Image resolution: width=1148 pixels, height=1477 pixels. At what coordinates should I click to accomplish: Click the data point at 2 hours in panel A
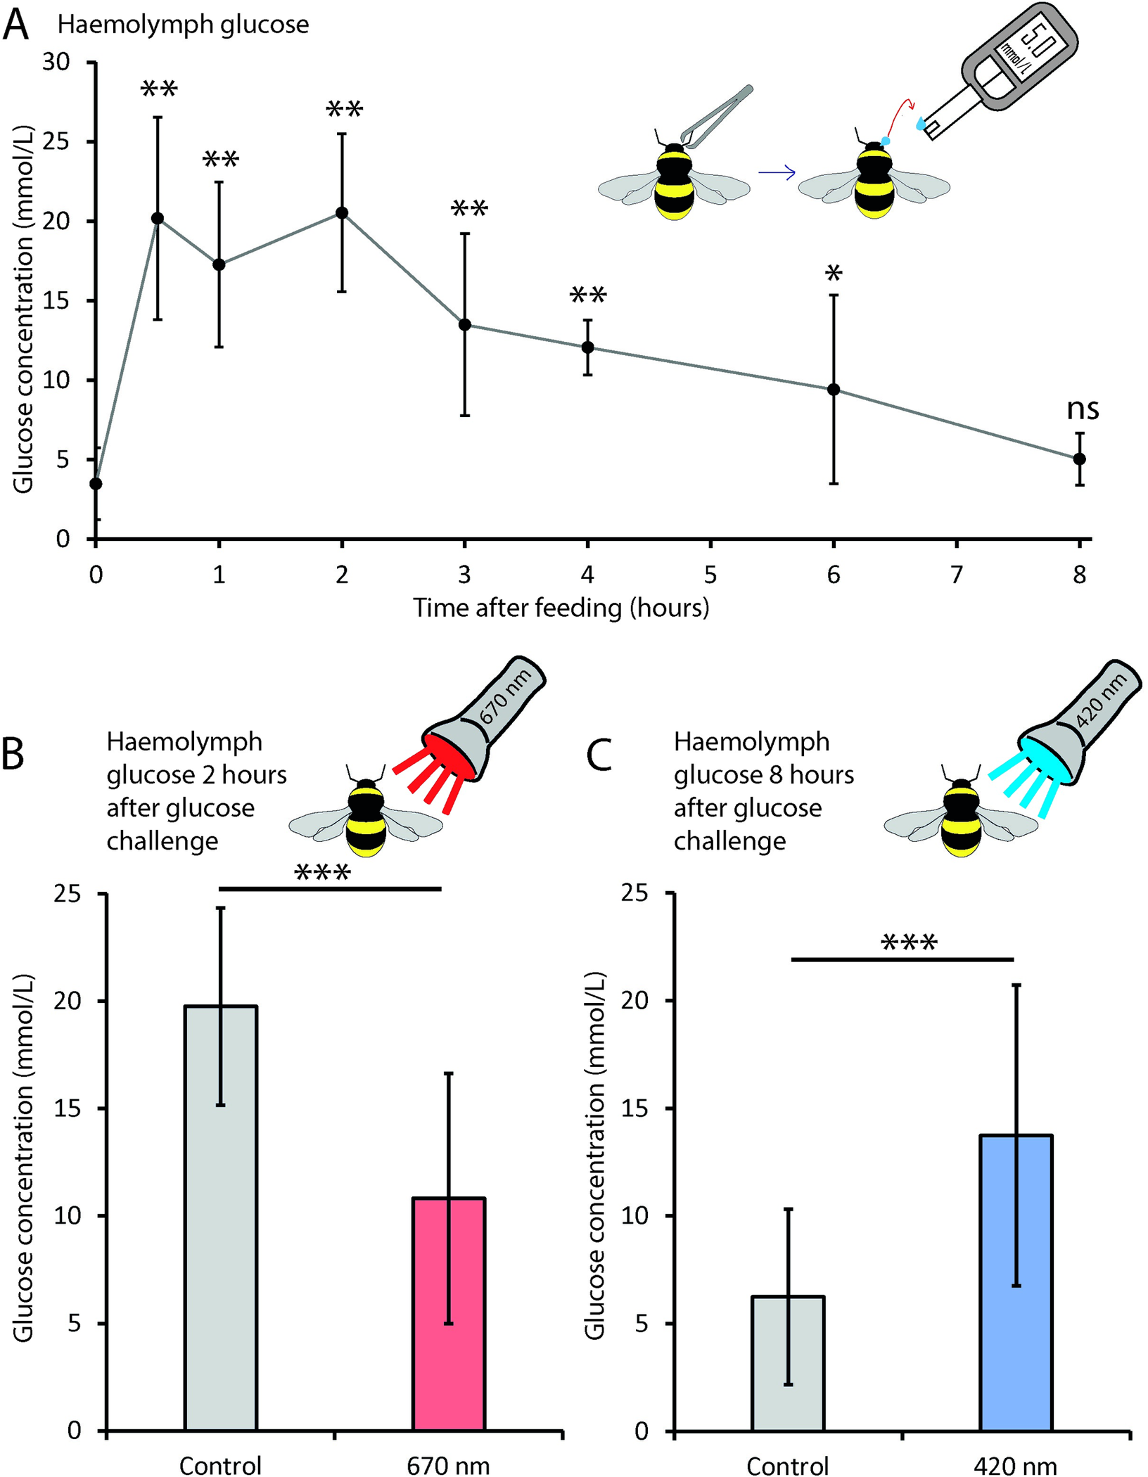(342, 213)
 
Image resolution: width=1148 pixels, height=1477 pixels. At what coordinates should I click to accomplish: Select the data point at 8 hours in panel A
(1079, 459)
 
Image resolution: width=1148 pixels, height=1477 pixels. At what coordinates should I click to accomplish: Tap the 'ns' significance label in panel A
(1083, 409)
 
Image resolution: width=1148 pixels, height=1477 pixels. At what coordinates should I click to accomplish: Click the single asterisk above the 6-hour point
(834, 274)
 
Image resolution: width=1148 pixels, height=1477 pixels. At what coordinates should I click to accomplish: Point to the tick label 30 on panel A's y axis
(56, 63)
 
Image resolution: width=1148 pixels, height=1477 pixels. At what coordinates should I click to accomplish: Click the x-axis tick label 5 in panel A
(710, 575)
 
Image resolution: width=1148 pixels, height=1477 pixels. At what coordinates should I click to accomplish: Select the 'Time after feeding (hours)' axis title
(561, 608)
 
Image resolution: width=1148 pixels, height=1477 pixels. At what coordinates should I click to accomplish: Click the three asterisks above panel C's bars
(909, 942)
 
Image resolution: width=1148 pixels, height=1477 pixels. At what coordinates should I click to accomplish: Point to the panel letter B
(14, 754)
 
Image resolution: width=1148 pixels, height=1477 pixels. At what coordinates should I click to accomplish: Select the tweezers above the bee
(717, 116)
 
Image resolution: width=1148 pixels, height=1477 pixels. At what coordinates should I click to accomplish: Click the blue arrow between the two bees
(777, 172)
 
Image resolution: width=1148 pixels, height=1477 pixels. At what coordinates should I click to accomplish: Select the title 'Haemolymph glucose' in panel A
(183, 25)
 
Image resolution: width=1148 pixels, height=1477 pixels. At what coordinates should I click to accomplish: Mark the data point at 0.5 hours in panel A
(158, 218)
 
